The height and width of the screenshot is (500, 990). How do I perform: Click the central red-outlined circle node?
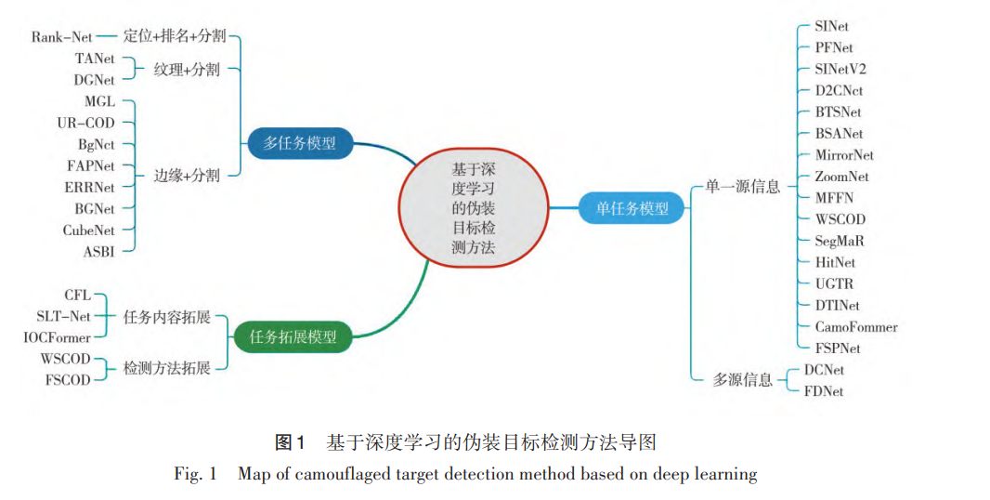(473, 208)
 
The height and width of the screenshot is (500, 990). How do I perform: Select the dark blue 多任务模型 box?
(300, 143)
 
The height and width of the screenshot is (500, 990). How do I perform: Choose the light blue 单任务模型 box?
(632, 208)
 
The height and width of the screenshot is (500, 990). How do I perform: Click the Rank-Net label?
(62, 38)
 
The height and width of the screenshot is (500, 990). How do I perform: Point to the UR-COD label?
(86, 123)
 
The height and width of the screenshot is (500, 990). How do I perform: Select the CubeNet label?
(89, 230)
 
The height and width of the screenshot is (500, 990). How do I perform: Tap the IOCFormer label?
(58, 338)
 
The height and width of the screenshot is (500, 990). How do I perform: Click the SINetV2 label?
(840, 69)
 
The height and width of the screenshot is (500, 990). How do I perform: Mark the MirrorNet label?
(844, 154)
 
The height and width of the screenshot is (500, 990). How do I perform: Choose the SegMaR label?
(839, 241)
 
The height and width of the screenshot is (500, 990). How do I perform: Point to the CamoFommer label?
(855, 327)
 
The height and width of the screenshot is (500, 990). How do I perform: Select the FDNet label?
(824, 391)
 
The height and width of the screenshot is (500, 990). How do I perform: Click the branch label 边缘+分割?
(187, 176)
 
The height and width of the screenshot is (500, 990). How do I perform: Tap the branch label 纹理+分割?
(187, 69)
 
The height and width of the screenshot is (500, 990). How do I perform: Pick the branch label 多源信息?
(742, 380)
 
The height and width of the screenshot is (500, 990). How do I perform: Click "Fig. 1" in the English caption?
(195, 475)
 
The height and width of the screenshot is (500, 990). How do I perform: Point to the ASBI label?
(99, 251)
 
